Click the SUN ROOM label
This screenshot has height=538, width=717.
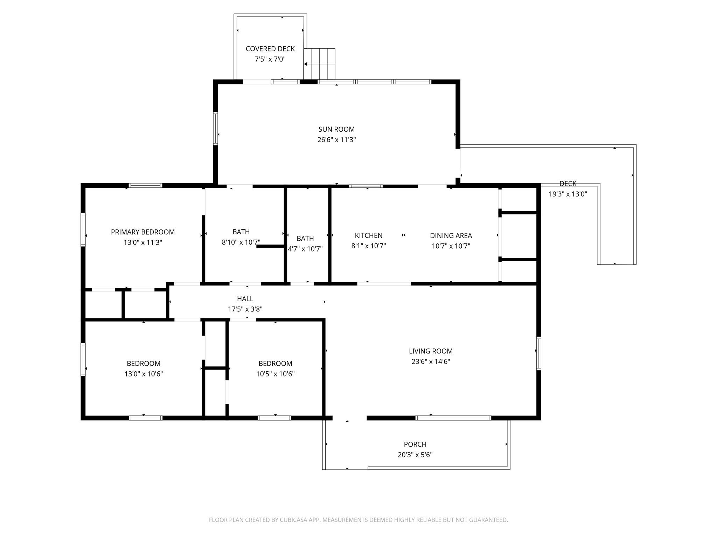pyautogui.click(x=336, y=129)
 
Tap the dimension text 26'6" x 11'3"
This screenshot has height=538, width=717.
pyautogui.click(x=336, y=140)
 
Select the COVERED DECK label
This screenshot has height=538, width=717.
pyautogui.click(x=270, y=49)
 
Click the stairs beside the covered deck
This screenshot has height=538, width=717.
pyautogui.click(x=319, y=64)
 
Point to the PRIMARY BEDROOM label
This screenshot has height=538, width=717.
pyautogui.click(x=143, y=232)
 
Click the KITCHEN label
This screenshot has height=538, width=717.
pyautogui.click(x=369, y=235)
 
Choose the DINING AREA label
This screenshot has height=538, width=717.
pyautogui.click(x=451, y=235)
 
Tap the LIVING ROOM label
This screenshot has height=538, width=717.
pyautogui.click(x=431, y=351)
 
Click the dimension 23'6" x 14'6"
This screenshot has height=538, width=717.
pyautogui.click(x=431, y=361)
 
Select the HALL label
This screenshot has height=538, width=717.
pyautogui.click(x=245, y=299)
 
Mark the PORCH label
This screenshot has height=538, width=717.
pyautogui.click(x=415, y=444)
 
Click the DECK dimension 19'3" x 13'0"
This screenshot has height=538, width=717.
pyautogui.click(x=568, y=194)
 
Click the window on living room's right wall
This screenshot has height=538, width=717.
pyautogui.click(x=539, y=353)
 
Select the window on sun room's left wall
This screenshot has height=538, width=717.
pyautogui.click(x=216, y=128)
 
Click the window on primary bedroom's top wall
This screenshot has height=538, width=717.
pyautogui.click(x=145, y=185)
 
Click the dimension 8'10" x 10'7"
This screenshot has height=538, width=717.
pyautogui.click(x=241, y=242)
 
